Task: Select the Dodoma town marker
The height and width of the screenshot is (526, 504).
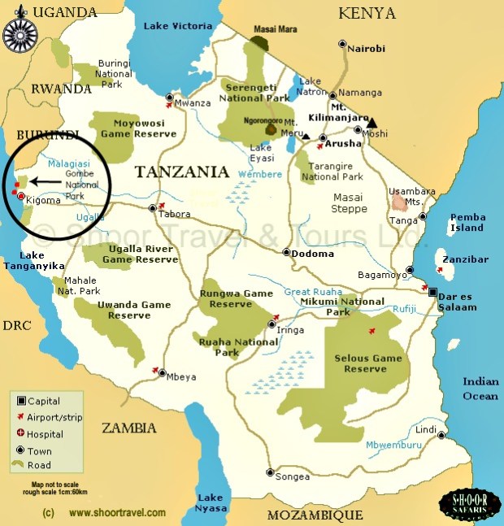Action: pyautogui.click(x=286, y=252)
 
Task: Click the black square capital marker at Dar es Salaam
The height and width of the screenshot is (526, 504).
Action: pyautogui.click(x=433, y=292)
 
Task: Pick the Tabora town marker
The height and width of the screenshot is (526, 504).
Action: pyautogui.click(x=152, y=209)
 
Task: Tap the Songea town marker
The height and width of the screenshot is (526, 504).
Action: pyautogui.click(x=270, y=472)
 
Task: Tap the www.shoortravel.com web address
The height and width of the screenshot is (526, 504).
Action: pyautogui.click(x=117, y=513)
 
